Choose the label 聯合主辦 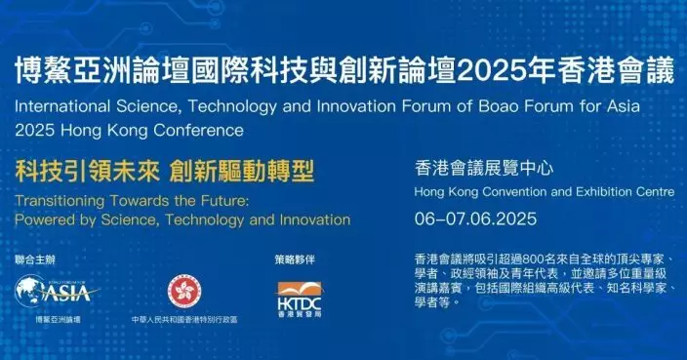click(31, 260)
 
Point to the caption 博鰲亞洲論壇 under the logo click(58, 320)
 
